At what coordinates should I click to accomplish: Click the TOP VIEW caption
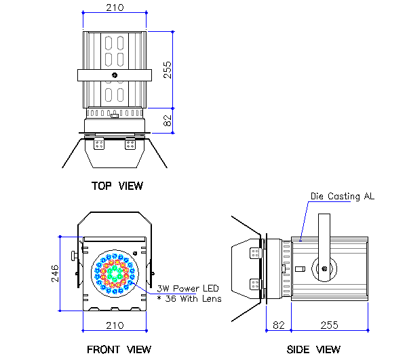tap(117, 185)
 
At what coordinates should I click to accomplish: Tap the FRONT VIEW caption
tap(119, 349)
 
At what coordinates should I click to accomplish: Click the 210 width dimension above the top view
tap(114, 7)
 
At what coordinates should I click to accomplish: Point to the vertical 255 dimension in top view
tap(167, 69)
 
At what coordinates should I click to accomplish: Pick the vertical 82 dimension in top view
tap(167, 121)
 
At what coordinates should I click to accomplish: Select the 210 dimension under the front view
tap(115, 325)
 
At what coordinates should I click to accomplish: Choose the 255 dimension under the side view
tap(329, 325)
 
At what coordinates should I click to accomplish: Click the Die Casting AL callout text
tap(342, 197)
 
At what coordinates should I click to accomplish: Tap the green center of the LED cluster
tap(115, 273)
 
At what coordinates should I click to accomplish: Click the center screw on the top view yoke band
tap(115, 75)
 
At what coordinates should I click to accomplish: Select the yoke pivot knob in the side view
tap(324, 269)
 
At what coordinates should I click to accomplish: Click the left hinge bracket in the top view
tap(100, 144)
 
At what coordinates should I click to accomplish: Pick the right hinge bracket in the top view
tap(130, 144)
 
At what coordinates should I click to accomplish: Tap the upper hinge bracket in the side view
tap(255, 253)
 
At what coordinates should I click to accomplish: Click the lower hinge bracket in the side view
tap(255, 283)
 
